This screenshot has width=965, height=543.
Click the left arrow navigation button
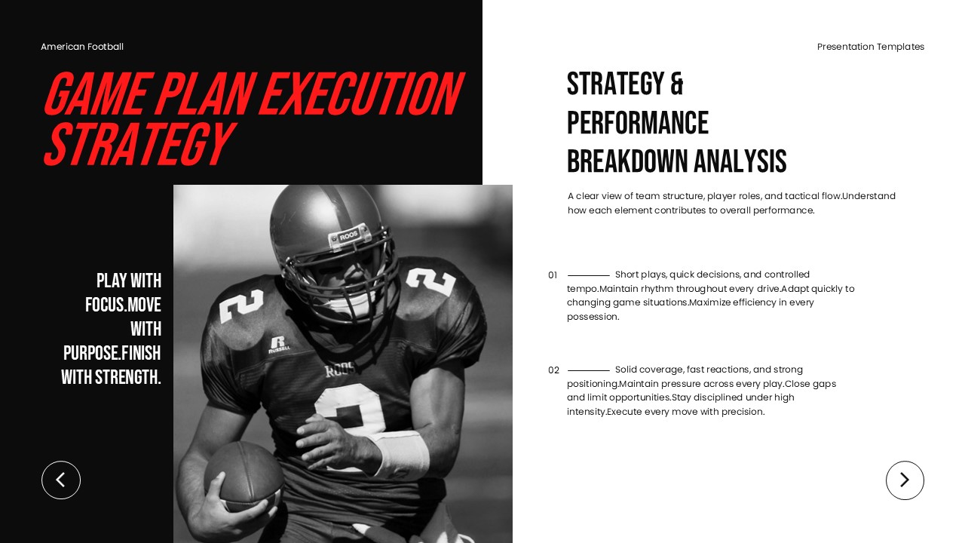(61, 480)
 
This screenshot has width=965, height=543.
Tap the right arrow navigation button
(905, 480)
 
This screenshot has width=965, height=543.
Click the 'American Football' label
(82, 47)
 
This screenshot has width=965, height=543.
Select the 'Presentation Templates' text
(871, 47)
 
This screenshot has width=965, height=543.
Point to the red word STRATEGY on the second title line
(137, 144)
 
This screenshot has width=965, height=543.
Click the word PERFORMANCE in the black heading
(638, 123)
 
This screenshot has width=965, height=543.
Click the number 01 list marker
(553, 275)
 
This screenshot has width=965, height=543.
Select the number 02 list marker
(553, 370)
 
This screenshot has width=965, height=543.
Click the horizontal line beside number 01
(589, 275)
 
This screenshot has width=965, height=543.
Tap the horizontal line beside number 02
(589, 370)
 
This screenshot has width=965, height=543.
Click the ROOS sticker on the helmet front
(348, 236)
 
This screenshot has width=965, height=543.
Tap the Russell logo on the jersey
(278, 345)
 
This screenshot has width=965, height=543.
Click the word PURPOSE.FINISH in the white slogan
(112, 353)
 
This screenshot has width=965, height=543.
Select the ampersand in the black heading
(675, 84)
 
